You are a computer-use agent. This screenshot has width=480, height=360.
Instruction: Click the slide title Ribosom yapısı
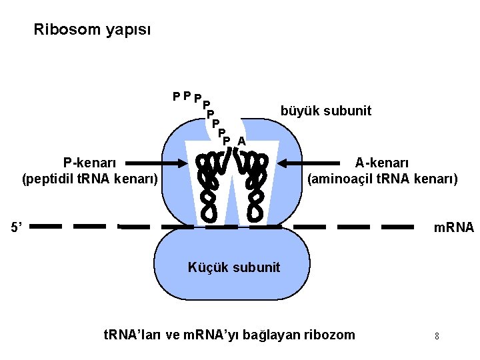tap(92, 30)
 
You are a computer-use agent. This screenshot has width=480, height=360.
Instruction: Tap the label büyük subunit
tap(326, 111)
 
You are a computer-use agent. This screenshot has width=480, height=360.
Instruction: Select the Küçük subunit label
tap(234, 267)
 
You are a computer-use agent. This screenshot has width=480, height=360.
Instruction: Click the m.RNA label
tap(453, 227)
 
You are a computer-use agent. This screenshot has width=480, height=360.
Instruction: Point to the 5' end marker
tap(17, 227)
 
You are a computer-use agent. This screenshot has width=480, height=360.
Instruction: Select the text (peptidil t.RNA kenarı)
tap(90, 179)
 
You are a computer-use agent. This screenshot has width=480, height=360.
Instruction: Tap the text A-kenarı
tap(382, 163)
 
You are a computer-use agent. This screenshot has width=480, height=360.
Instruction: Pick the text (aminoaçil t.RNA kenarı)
tap(382, 179)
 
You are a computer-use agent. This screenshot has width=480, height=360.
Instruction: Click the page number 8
tap(437, 336)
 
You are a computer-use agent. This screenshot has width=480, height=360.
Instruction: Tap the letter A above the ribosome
tap(241, 141)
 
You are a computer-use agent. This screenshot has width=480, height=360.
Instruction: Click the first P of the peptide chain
tap(175, 96)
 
